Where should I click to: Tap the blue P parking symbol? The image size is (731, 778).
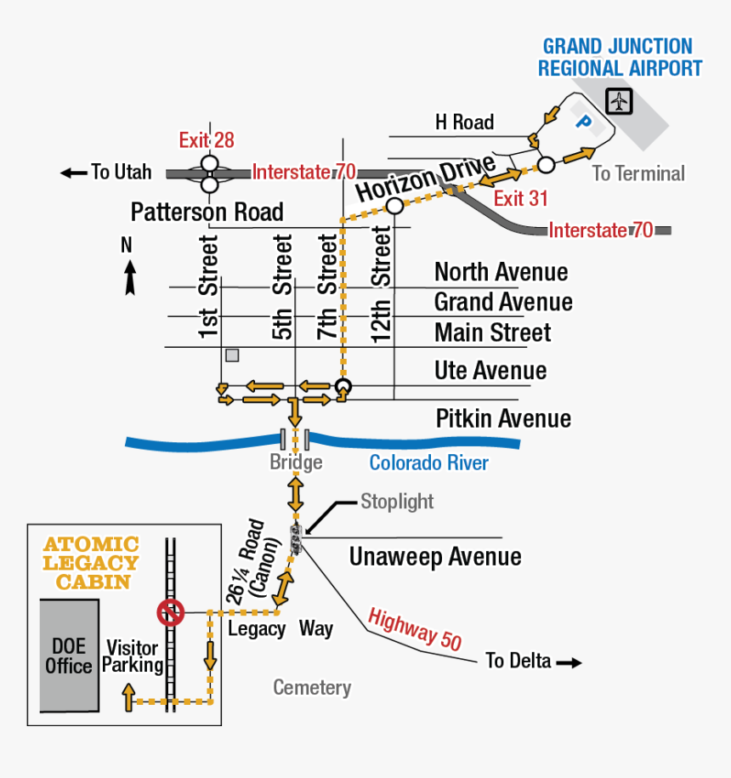583,122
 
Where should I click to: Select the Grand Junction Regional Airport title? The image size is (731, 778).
620,57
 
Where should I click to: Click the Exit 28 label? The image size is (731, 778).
207,140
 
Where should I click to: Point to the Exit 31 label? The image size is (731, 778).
521,199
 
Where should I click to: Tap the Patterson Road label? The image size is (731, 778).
207,212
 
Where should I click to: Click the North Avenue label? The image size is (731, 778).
501,272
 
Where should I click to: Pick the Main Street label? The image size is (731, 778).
492,332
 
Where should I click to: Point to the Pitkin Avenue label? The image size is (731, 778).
503,418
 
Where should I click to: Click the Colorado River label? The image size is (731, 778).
428,463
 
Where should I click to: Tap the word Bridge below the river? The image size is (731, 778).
296,462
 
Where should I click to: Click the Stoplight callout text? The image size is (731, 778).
397,501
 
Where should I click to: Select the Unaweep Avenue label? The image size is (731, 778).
435,557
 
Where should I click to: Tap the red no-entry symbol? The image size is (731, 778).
171,612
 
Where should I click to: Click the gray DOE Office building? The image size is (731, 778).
69,655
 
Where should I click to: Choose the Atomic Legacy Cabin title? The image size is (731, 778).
91,563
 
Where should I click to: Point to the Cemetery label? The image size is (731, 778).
312,687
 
